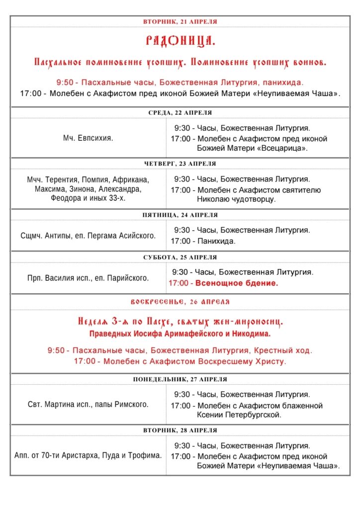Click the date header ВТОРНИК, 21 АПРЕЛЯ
point(180,21)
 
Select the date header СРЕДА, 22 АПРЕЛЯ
point(180,112)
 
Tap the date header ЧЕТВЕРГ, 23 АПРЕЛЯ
point(180,164)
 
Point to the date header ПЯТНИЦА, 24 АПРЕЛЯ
point(180,215)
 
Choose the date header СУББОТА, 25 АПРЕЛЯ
point(180,257)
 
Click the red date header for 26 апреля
point(180,302)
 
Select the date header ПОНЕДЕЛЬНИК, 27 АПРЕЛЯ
point(180,379)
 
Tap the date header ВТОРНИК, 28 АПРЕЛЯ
point(180,430)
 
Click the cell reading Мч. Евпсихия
point(88,138)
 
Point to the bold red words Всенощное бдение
point(237,283)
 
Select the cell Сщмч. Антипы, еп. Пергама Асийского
point(88,236)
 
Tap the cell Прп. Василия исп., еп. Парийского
point(88,278)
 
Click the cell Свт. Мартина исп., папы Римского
point(88,405)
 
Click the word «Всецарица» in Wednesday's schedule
point(282,148)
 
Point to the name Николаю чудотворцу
point(236,199)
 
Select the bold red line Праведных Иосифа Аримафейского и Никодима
point(180,334)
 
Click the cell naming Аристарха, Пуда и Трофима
point(88,455)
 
